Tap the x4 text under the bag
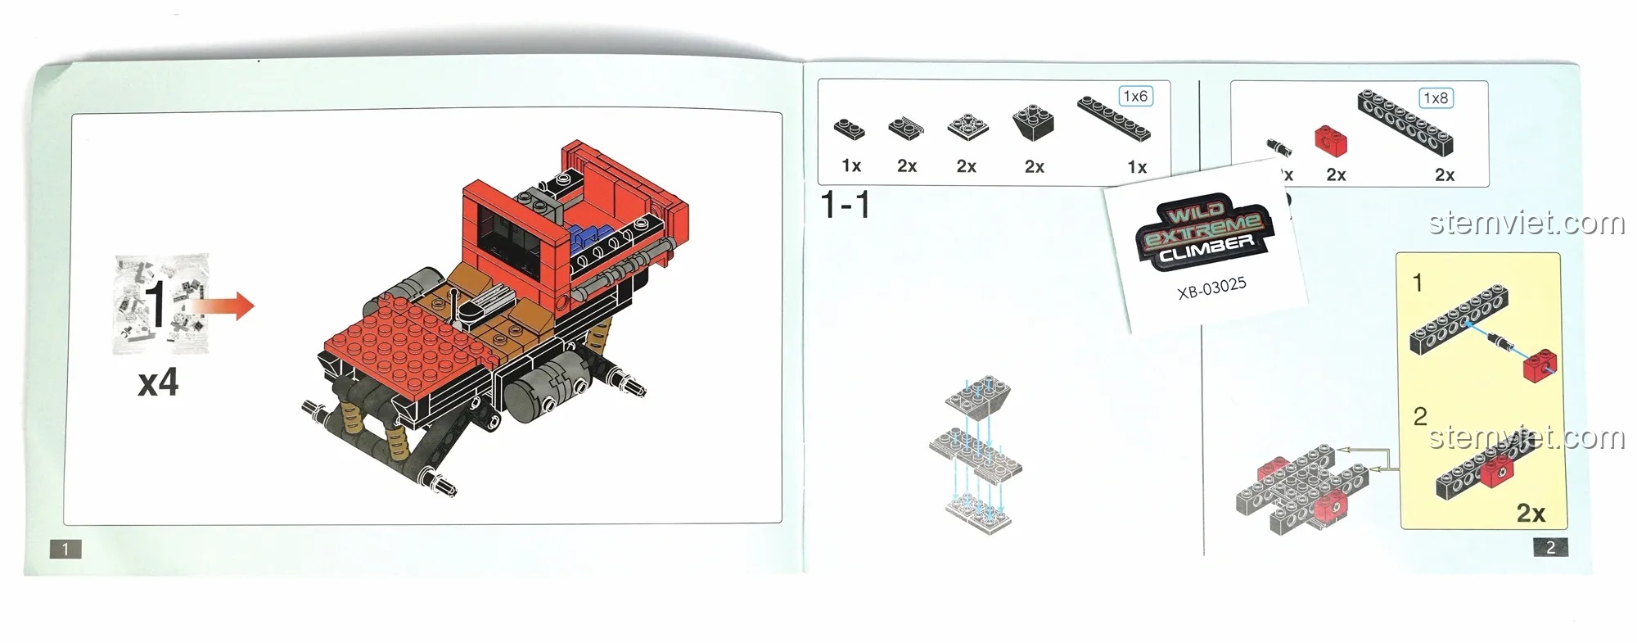[x=158, y=383]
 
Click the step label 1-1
[x=846, y=205]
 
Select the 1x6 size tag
[x=1135, y=97]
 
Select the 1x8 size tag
[x=1436, y=98]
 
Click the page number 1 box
[x=65, y=550]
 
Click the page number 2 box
[x=1550, y=547]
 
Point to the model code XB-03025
[x=1211, y=288]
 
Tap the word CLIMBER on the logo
[x=1206, y=248]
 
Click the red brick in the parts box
[x=1332, y=141]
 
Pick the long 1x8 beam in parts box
[x=1405, y=123]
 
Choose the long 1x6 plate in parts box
[x=1114, y=118]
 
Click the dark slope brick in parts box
[x=1033, y=123]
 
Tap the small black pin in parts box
[x=1278, y=147]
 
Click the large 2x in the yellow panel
[x=1531, y=513]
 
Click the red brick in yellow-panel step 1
[x=1540, y=365]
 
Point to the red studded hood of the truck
[x=409, y=336]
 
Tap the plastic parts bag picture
[x=160, y=303]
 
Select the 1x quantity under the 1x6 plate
[x=1137, y=167]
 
